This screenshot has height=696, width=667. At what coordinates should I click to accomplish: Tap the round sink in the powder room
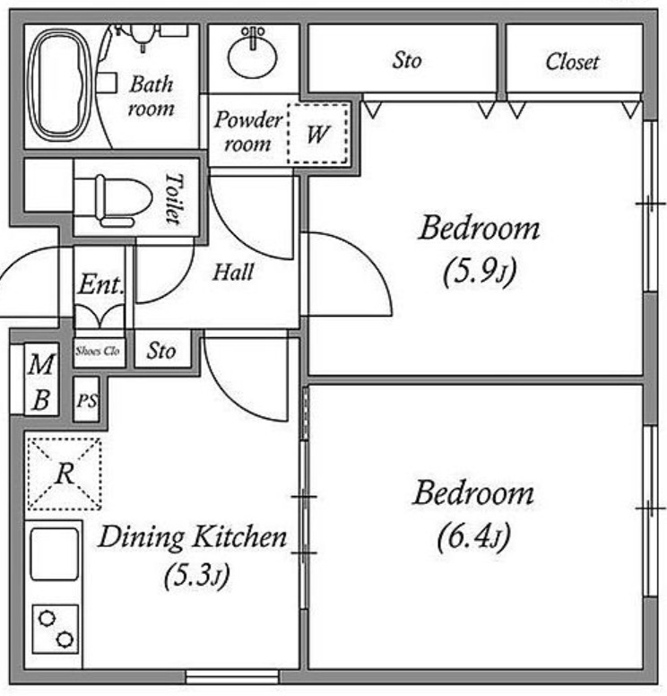point(253,56)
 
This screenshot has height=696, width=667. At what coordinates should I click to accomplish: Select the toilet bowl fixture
point(113,200)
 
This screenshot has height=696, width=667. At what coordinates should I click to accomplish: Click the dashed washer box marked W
point(317,133)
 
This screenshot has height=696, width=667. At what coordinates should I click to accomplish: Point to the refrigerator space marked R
point(65,474)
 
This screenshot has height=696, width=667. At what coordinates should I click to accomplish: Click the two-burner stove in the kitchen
point(56,629)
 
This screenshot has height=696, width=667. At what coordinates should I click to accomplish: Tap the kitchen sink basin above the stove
point(55,554)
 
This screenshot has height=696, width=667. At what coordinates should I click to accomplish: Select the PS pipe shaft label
point(88,401)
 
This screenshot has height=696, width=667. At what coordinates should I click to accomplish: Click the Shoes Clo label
point(98,351)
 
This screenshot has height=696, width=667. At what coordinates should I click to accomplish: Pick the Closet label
point(573,61)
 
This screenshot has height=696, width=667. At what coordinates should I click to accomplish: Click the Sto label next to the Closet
point(407,60)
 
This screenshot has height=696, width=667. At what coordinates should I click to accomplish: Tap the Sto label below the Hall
point(161,351)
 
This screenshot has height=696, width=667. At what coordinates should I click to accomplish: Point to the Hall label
point(233,272)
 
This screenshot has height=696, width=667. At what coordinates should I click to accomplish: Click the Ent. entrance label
point(100,284)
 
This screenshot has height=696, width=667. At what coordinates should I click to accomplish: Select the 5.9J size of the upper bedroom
point(480,271)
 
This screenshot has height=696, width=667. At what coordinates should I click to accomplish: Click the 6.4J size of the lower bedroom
point(474,536)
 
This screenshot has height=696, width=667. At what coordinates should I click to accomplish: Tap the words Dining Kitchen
point(193,537)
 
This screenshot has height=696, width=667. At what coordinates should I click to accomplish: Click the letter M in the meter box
point(41,364)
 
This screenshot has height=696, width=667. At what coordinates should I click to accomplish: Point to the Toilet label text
point(174,198)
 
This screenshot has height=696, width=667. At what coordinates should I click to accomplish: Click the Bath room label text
point(152,96)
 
